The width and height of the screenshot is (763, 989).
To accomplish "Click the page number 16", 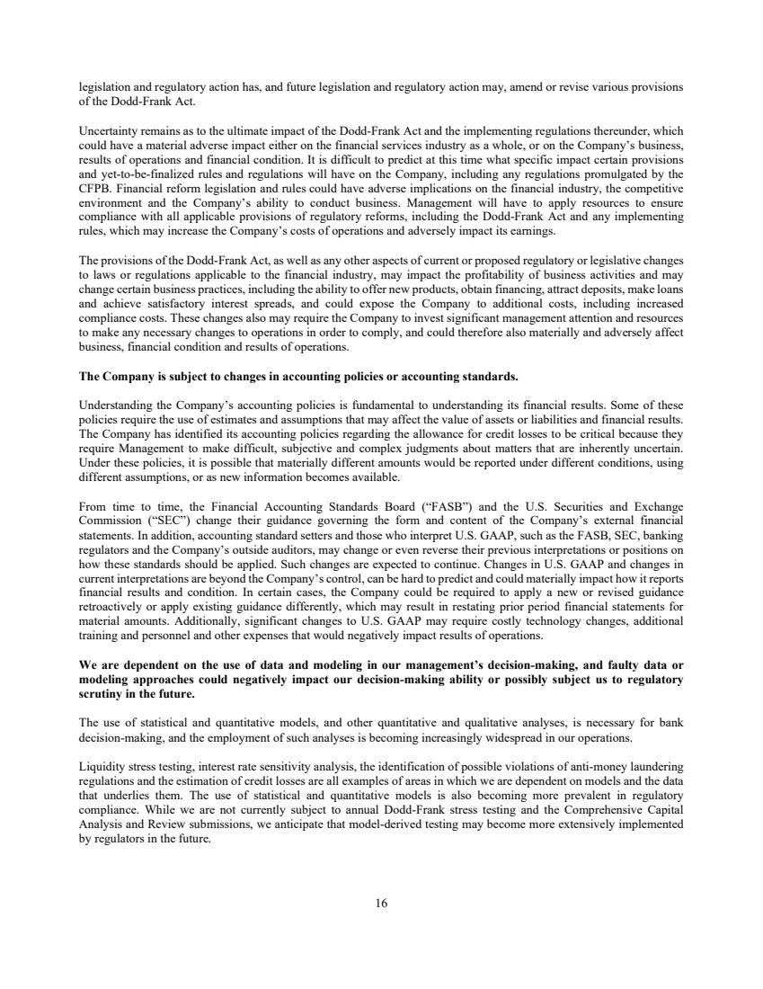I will (x=381, y=904).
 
